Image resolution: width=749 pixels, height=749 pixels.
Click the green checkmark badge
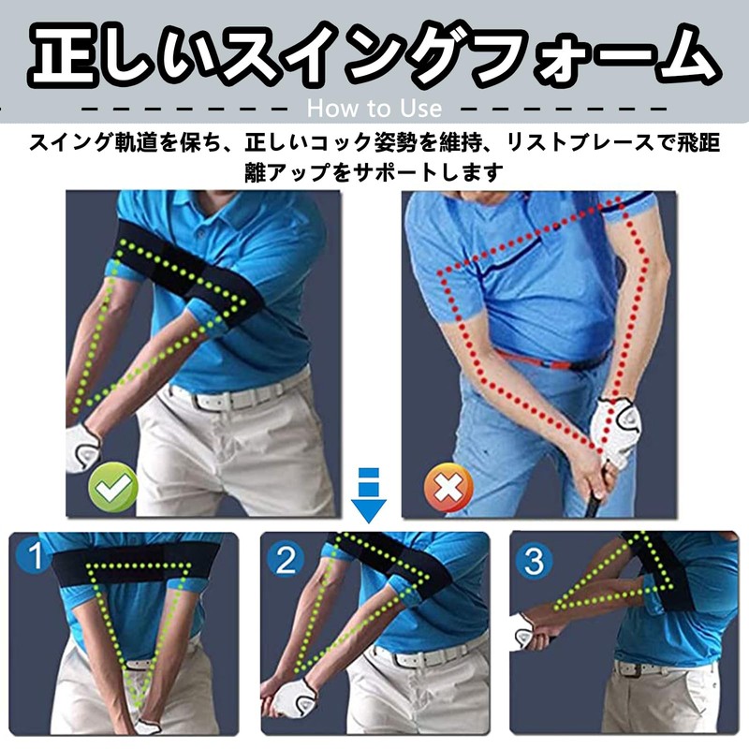113,487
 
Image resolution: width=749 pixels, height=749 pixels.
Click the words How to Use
374,108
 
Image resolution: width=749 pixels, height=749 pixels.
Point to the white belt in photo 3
646,668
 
